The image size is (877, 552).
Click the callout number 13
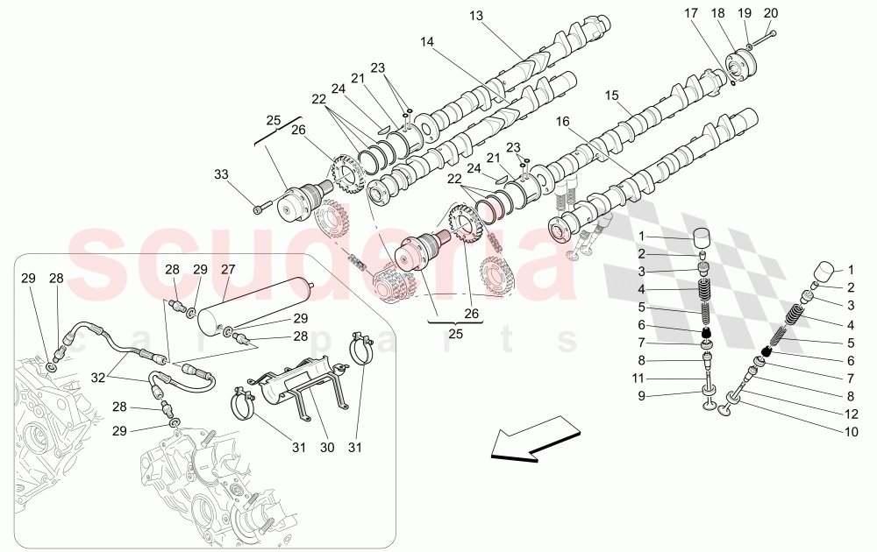[476, 16]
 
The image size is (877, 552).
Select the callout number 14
[427, 41]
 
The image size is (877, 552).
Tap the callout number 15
[611, 95]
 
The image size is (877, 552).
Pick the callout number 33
[222, 174]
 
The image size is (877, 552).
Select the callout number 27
[229, 270]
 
